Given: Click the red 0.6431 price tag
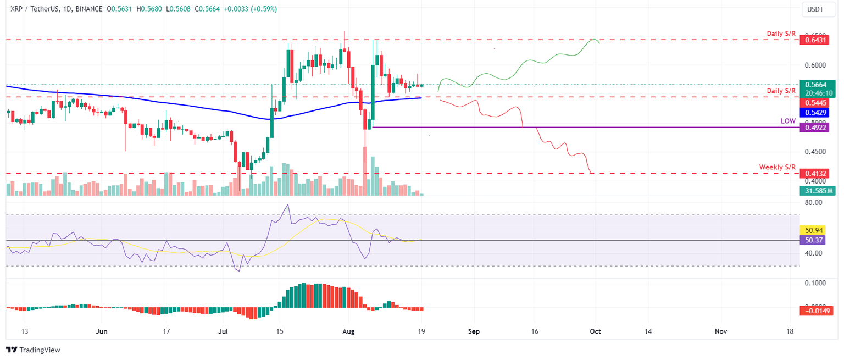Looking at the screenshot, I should (816, 40).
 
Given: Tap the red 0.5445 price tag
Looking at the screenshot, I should (816, 103).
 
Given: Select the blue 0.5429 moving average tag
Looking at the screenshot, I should (816, 112).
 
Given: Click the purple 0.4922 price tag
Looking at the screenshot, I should (816, 127).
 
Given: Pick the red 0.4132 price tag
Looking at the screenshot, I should (816, 173).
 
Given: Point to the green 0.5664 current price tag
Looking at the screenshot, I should (816, 85).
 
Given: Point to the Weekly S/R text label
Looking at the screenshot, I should (777, 167).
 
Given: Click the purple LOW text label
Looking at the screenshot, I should (788, 120).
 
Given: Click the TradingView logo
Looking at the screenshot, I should (33, 350).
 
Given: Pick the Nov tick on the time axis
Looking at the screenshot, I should (721, 331).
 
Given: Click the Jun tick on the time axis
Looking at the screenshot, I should (102, 331).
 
